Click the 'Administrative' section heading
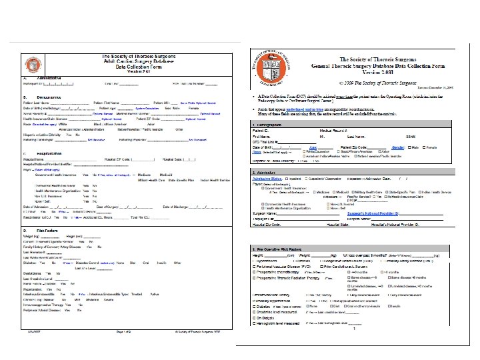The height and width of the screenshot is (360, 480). (40, 78)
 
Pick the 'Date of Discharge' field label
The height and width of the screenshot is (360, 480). (177, 208)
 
